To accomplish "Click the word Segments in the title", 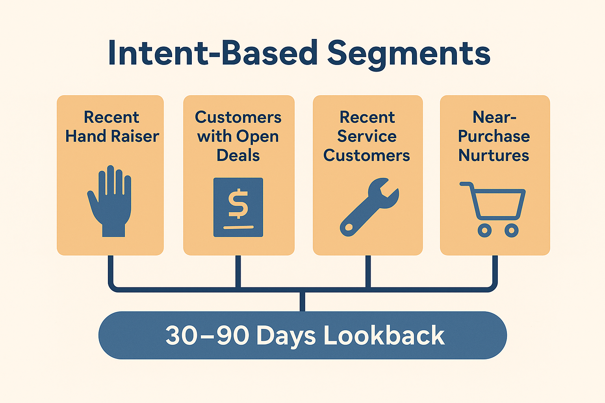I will coord(408,54).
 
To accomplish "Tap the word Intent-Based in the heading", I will coord(213,54).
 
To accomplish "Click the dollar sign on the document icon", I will coord(238,204).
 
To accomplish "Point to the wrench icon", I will coord(369,207).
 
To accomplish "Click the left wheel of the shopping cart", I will coord(484,230).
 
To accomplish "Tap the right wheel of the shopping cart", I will coord(511,230).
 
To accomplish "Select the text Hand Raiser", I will coord(112,137).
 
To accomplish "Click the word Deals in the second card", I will coord(238,155).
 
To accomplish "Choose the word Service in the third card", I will coord(367,137).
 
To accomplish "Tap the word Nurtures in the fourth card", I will coord(494,155).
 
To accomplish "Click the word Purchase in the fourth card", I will coord(494,137).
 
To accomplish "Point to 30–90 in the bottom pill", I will coord(207,336).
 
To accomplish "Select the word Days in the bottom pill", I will coord(286,336).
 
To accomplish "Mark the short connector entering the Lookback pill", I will coord(302,302).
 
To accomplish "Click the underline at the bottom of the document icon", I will coord(238,227).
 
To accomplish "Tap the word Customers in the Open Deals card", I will coord(238,117).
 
